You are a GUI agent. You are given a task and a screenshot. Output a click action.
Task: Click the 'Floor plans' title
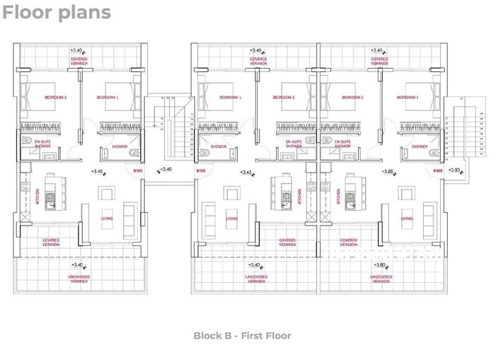pyautogui.click(x=57, y=12)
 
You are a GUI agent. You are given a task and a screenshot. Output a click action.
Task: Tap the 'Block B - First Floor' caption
pyautogui.click(x=242, y=336)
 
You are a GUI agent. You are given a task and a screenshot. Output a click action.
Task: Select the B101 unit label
pyautogui.click(x=139, y=170)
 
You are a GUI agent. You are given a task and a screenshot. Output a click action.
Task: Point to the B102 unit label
pyautogui.click(x=200, y=170)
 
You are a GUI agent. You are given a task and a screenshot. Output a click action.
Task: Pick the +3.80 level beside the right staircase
pyautogui.click(x=455, y=170)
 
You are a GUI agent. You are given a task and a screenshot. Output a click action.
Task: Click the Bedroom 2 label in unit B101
pyautogui.click(x=55, y=97)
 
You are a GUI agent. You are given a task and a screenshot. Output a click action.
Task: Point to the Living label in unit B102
pyautogui.click(x=231, y=219)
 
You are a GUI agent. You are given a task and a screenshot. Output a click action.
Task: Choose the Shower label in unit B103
pyautogui.click(x=419, y=146)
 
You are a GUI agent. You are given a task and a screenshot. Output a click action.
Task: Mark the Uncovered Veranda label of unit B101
pyautogui.click(x=79, y=278)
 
